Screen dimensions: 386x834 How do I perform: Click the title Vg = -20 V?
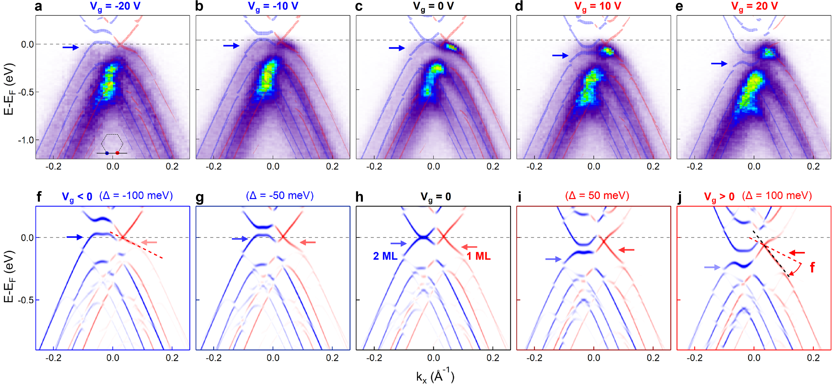[x=115, y=6]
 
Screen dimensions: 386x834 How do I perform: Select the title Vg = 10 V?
[x=597, y=6]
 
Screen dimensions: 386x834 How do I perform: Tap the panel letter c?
[x=359, y=6]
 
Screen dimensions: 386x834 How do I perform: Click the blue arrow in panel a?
[x=70, y=48]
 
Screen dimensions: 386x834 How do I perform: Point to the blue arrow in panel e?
[x=719, y=64]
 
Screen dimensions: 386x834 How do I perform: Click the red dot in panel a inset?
[x=117, y=153]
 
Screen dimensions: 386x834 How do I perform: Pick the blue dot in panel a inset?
[x=107, y=153]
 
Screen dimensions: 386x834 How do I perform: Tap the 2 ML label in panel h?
[x=385, y=256]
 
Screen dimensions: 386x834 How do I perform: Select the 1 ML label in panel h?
[x=478, y=256]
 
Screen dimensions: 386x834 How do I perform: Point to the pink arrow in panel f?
[x=149, y=242]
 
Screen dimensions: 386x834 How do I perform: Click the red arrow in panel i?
[x=626, y=250]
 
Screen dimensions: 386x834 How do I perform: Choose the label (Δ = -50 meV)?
[x=280, y=195]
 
